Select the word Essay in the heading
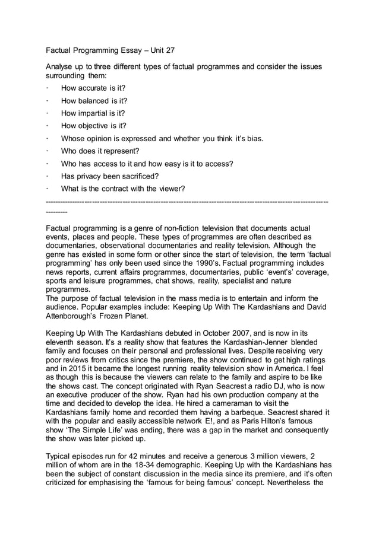tap(126, 51)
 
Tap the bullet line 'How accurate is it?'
tap(93, 88)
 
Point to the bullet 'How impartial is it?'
tap(93, 113)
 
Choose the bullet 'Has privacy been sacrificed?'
tap(110, 176)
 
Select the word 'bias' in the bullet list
tap(252, 139)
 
